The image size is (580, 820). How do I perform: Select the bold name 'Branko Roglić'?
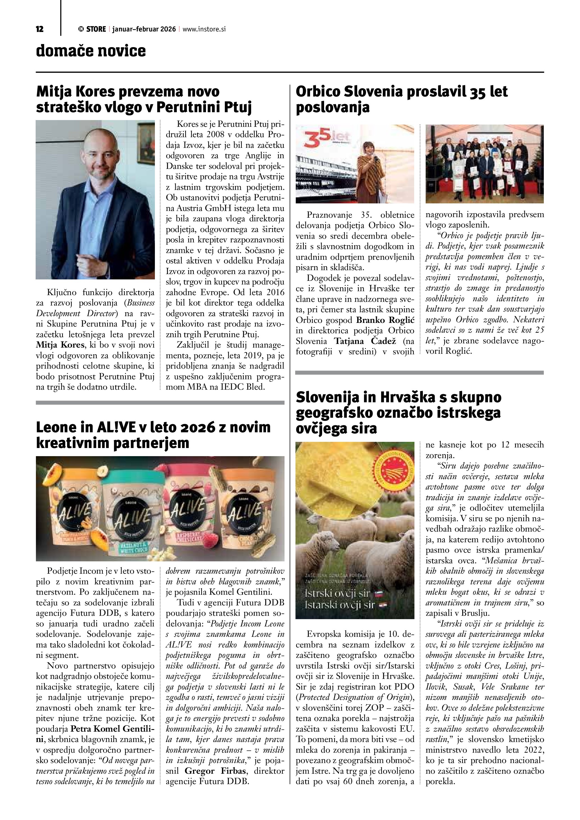point(385,320)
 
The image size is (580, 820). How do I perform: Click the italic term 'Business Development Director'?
point(95,308)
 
